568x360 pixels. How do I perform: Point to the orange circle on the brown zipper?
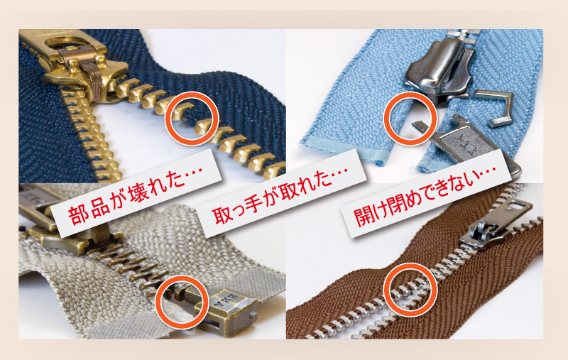384,290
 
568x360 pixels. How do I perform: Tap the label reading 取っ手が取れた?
280,195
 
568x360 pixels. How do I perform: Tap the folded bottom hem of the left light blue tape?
342,155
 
